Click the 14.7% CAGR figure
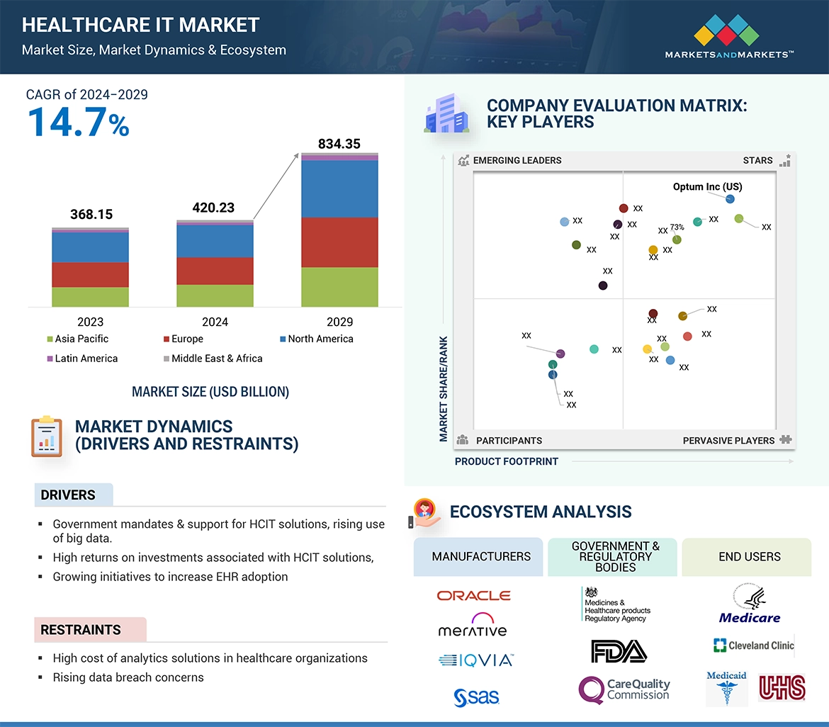click(79, 122)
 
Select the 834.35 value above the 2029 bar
click(339, 144)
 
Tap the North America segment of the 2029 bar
click(339, 188)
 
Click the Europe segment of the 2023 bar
click(90, 274)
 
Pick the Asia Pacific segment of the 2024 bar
click(215, 295)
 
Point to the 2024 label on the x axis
click(215, 322)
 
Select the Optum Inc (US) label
click(707, 187)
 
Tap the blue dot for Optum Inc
click(730, 199)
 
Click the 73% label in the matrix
click(677, 227)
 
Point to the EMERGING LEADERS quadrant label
click(517, 160)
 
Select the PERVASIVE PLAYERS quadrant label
click(728, 441)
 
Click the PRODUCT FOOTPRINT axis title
click(506, 461)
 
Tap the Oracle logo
click(473, 596)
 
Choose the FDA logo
click(618, 650)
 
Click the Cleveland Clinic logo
click(753, 645)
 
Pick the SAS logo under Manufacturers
click(476, 697)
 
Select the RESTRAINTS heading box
click(90, 629)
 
